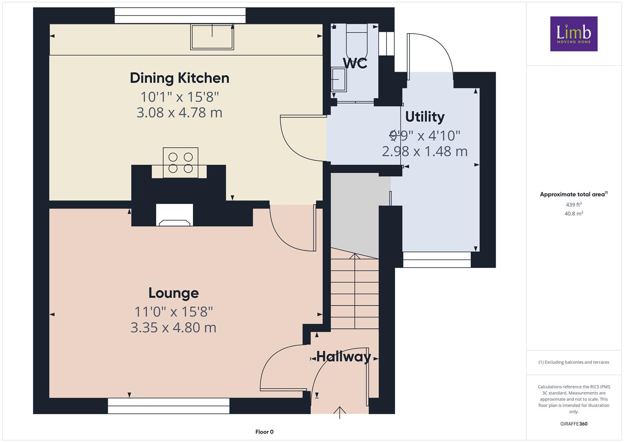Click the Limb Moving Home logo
574,34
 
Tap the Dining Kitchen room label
180,79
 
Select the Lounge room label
174,293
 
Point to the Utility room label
425,117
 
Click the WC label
355,63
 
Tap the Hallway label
344,356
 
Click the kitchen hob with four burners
181,163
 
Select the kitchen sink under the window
212,37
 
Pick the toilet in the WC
357,41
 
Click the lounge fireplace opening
174,215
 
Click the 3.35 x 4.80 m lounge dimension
173,327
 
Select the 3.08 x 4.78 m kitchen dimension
179,113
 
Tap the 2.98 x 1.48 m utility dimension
425,151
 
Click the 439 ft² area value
574,205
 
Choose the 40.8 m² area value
574,214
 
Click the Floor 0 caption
264,432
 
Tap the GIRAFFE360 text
574,424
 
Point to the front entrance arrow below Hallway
340,413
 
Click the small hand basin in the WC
338,79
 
